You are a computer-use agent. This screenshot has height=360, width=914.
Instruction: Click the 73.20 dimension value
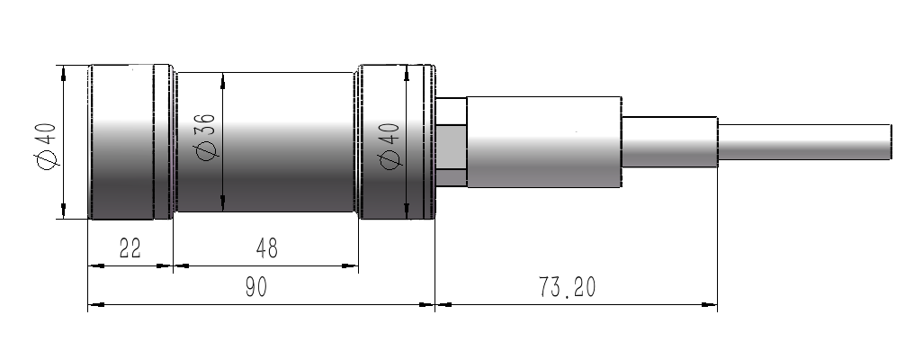(567, 287)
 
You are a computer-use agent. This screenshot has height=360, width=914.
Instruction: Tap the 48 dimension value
(267, 248)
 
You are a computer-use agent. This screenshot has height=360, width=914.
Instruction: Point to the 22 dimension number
(130, 248)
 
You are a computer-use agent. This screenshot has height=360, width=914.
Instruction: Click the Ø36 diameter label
(206, 135)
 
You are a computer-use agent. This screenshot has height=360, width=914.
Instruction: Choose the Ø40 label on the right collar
(389, 145)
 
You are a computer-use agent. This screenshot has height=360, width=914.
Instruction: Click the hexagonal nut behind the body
(452, 142)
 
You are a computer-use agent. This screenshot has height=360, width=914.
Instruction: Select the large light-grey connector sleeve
(544, 142)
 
